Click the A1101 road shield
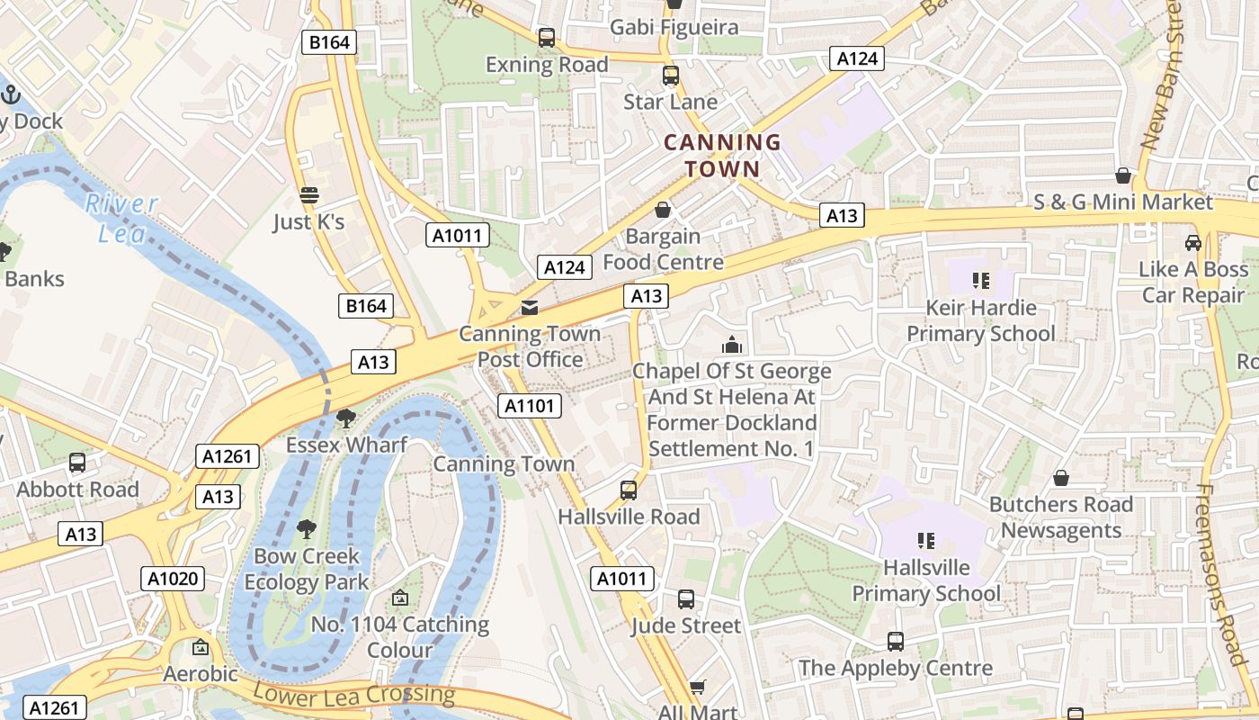530,406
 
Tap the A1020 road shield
173,579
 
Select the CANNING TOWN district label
722,156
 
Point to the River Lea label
121,217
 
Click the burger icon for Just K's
309,195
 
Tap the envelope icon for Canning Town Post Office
530,308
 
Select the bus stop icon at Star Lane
671,76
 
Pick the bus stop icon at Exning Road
547,38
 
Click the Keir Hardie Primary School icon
980,281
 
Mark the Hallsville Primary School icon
926,541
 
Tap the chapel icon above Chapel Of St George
732,345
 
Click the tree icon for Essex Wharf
345,418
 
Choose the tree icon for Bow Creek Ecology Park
307,529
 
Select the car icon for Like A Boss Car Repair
1193,243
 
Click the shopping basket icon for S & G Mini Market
1122,175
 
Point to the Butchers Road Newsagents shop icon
1061,478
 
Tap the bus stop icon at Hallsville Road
629,490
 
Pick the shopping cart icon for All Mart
697,688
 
